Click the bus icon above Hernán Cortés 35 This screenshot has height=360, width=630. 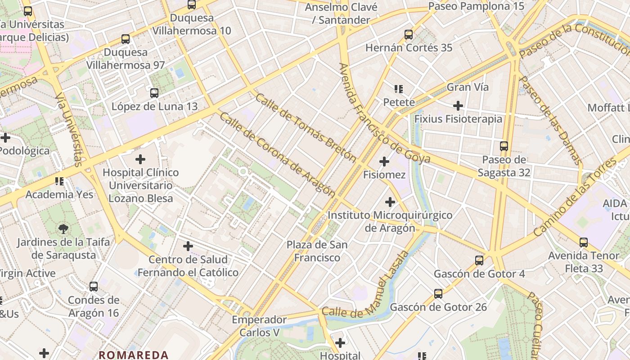pos(409,35)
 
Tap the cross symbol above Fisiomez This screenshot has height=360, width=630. pos(384,162)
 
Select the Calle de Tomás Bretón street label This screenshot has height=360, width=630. pos(306,128)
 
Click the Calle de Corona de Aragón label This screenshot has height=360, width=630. pos(278,155)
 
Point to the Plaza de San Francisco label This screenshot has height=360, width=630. pos(317,251)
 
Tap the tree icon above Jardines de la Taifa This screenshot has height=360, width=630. pos(63,229)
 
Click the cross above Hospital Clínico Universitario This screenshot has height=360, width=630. pos(140,159)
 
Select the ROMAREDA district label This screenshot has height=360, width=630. pos(134,355)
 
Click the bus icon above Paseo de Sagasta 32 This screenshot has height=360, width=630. pos(504,146)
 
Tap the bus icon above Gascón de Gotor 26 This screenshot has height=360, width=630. pos(438,294)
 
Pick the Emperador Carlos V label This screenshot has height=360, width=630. pos(259,326)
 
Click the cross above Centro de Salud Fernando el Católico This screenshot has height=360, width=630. pos(188,246)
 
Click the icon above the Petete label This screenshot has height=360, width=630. pos(399,89)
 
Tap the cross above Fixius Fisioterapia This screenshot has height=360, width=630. pos(458,106)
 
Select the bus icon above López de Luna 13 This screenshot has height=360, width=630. pos(154,93)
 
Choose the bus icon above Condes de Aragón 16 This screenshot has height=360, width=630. pos(94,287)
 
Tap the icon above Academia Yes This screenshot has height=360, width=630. pos(59,181)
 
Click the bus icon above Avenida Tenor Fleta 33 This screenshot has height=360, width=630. pos(584,243)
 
